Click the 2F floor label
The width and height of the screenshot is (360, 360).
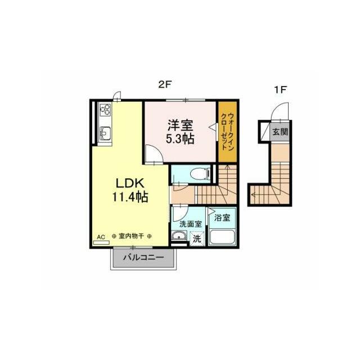[x=164, y=85]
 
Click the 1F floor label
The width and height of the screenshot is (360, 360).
[x=280, y=89]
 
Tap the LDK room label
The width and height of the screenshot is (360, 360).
[x=131, y=183]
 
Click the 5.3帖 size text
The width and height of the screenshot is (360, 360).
[x=180, y=139]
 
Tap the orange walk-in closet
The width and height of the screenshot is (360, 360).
[x=227, y=132]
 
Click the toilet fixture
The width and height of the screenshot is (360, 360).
[x=200, y=173]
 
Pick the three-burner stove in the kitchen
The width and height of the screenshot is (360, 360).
[x=105, y=111]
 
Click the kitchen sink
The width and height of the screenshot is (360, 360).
[x=105, y=133]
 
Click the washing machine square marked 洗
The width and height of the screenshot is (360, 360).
[x=197, y=238]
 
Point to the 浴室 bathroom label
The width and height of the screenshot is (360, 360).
[x=222, y=215]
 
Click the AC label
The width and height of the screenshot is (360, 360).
[x=101, y=237]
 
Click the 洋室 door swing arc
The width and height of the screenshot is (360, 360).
[x=151, y=153]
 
